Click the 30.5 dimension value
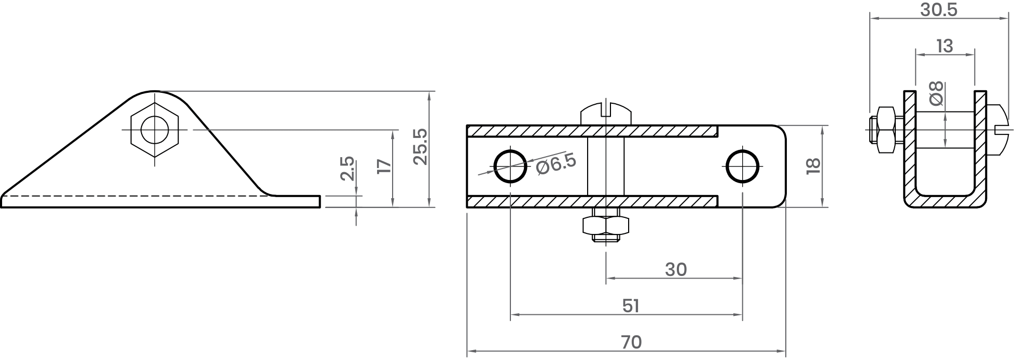click(939, 9)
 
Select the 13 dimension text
click(944, 46)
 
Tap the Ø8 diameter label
click(937, 94)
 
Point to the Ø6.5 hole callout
click(556, 164)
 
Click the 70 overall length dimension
click(631, 342)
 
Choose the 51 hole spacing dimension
click(631, 306)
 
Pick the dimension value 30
click(676, 270)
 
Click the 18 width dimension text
click(813, 165)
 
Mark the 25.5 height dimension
click(420, 147)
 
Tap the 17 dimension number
click(384, 166)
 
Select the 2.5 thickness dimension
click(348, 168)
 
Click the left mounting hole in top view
click(510, 166)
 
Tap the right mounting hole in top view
click(743, 166)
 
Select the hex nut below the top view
click(606, 225)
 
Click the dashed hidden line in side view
click(135, 197)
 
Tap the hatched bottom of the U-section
click(945, 201)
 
